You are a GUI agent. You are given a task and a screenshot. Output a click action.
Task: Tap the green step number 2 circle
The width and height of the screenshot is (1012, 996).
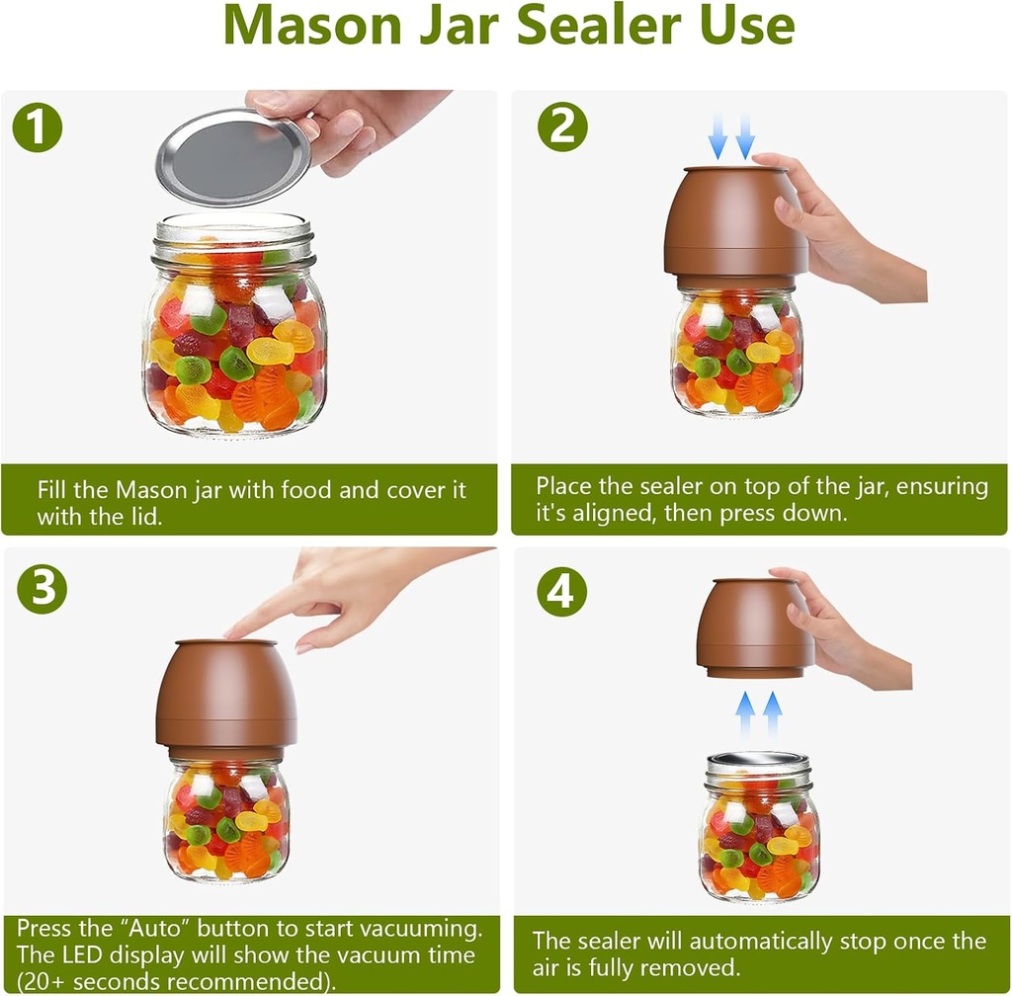click(563, 128)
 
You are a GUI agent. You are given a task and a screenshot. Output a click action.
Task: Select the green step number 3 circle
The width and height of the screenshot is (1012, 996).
click(42, 591)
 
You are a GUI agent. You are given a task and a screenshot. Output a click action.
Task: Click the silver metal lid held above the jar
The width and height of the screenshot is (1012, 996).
click(233, 156)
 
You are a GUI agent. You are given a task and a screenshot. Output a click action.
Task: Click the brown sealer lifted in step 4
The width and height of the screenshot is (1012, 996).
click(755, 628)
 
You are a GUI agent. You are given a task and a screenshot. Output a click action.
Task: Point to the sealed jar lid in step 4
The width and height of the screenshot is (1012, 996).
click(759, 762)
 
